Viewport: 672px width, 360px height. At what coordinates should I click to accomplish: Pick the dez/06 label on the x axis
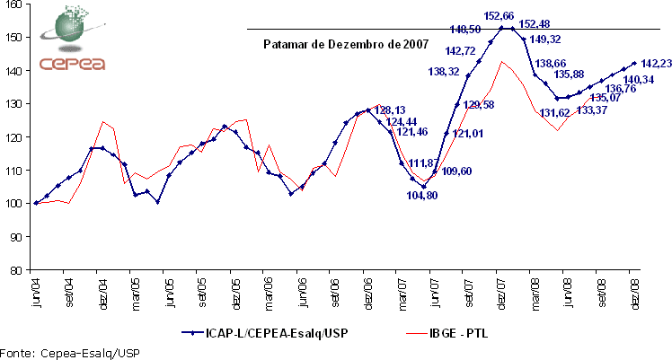coord(368,293)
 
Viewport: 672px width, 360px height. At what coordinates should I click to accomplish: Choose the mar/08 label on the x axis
coord(535,293)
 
